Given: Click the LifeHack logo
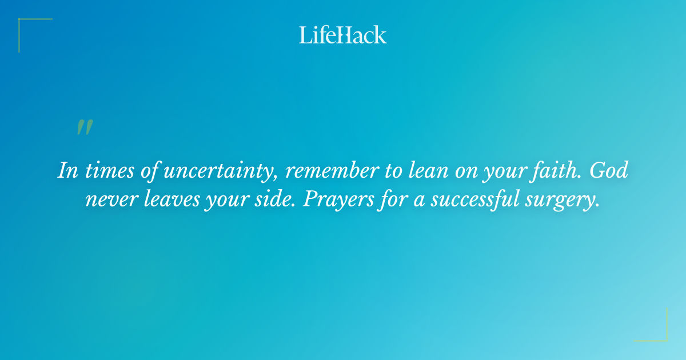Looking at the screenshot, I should tap(343, 35).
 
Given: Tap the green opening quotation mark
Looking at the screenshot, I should tap(84, 128).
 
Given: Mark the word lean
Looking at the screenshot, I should tap(421, 171).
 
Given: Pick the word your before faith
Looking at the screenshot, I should tap(505, 171).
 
